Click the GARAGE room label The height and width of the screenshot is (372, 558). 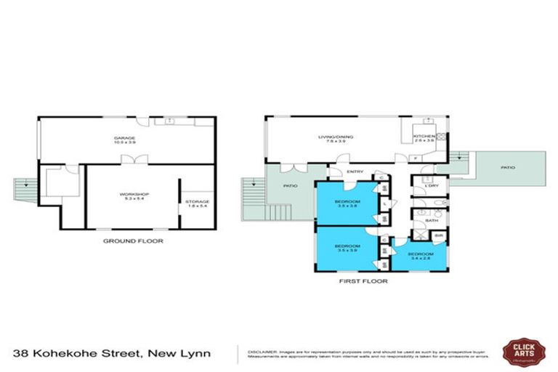pos(124,137)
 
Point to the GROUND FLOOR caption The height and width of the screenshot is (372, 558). pos(132,240)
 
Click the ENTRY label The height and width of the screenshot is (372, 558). pos(355,171)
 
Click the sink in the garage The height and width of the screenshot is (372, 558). pos(169,120)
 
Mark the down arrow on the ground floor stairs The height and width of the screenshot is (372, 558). pos(26,186)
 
